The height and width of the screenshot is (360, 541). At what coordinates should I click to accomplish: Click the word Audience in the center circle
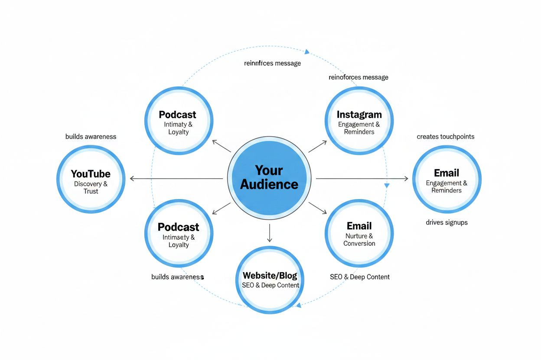click(269, 184)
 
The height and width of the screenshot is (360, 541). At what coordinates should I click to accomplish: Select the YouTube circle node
click(91, 179)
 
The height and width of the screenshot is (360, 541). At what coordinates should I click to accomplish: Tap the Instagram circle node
click(359, 121)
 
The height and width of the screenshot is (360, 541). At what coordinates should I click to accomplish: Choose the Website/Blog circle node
click(270, 280)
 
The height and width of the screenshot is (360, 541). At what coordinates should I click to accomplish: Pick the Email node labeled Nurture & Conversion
click(359, 233)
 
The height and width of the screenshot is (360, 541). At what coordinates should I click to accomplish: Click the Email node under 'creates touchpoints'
click(446, 179)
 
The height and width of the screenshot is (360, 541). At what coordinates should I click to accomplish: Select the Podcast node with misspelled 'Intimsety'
click(178, 233)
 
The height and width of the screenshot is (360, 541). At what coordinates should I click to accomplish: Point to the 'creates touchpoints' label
click(445, 137)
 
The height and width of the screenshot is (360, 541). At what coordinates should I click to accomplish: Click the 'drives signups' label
click(446, 222)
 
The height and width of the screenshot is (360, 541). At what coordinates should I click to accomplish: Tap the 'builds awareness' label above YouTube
click(91, 137)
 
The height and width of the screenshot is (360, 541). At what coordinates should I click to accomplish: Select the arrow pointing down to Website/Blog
click(270, 234)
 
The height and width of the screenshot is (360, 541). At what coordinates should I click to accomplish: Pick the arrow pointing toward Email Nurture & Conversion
click(319, 208)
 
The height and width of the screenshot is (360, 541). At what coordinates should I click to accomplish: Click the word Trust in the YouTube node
click(91, 191)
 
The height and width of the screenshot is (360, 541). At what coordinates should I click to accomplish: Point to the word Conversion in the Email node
click(359, 243)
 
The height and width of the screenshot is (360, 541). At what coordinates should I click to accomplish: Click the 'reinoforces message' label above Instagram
click(358, 77)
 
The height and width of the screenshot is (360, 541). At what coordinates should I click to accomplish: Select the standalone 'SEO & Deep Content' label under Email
click(359, 277)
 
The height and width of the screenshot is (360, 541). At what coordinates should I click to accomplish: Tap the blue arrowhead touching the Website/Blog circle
click(298, 305)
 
